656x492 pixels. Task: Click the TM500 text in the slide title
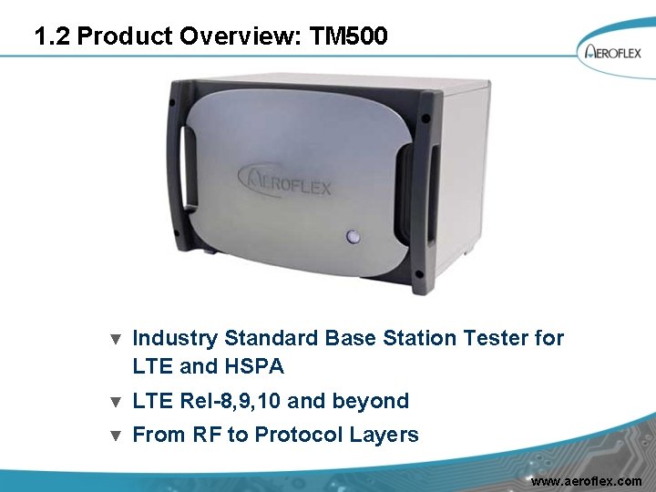click(x=350, y=37)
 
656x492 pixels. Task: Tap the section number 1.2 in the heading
click(x=53, y=37)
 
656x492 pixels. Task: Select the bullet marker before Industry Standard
click(x=115, y=340)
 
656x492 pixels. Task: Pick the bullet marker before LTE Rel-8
click(x=115, y=402)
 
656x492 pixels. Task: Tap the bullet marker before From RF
click(x=115, y=436)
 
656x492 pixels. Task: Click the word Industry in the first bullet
click(x=175, y=339)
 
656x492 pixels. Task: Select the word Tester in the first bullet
click(x=497, y=339)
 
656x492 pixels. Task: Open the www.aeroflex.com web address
click(x=586, y=480)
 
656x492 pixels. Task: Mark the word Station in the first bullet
click(x=418, y=339)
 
